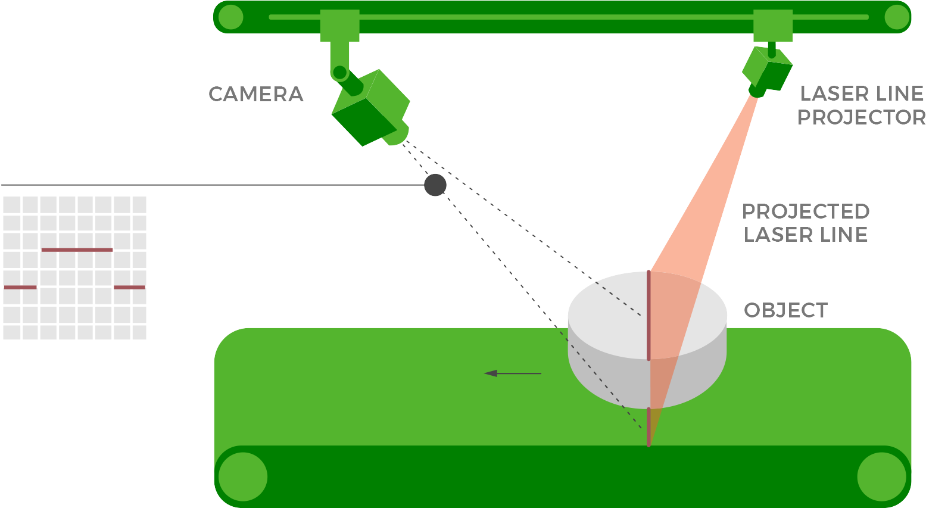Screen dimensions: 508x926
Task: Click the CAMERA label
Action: click(x=255, y=94)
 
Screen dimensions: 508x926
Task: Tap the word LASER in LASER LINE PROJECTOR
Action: click(x=828, y=94)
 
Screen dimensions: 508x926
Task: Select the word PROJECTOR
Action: click(x=861, y=117)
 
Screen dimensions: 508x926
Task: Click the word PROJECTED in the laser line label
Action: click(x=806, y=211)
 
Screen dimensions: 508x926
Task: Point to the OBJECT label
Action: click(x=785, y=310)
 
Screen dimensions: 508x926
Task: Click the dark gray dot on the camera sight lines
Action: click(x=435, y=185)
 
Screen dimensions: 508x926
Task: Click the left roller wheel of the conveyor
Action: click(x=242, y=476)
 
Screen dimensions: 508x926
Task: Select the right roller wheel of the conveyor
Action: click(x=881, y=476)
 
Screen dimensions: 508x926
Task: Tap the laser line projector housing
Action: click(x=767, y=68)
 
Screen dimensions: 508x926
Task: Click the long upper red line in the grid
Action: click(x=77, y=250)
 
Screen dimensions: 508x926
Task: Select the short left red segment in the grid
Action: click(x=20, y=287)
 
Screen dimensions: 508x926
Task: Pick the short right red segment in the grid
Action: click(x=129, y=287)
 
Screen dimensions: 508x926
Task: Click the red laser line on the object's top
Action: click(x=648, y=316)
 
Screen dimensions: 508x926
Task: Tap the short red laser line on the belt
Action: click(x=648, y=426)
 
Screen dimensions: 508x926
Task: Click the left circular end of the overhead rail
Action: click(x=230, y=17)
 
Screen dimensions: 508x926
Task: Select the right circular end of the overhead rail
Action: click(x=897, y=17)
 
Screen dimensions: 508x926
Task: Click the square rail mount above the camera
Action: click(x=339, y=25)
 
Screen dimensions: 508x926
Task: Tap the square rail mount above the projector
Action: click(x=773, y=25)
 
